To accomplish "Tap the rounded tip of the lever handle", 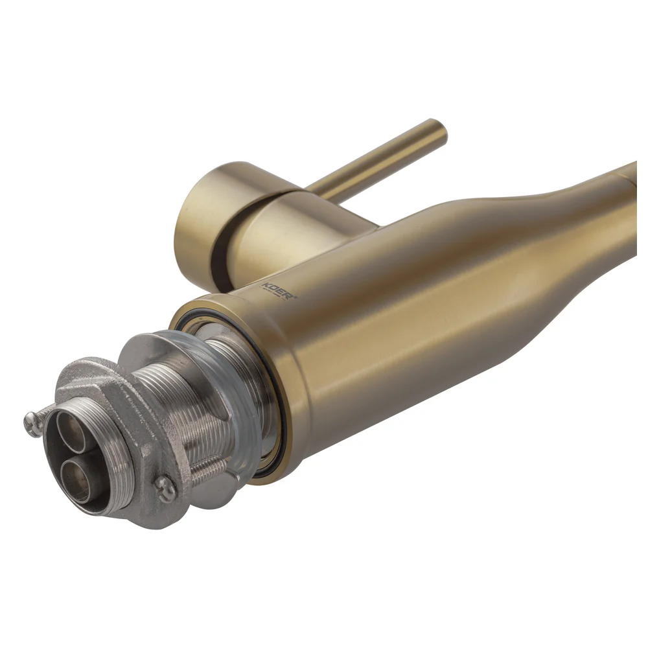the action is (x=439, y=131).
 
